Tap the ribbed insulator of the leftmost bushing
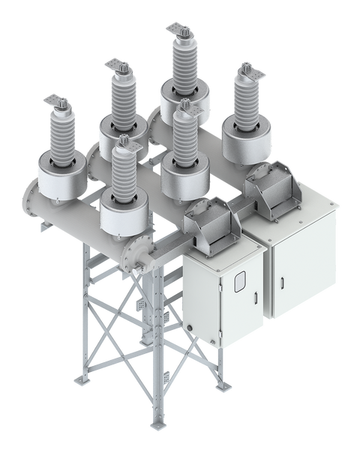point(59,138)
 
